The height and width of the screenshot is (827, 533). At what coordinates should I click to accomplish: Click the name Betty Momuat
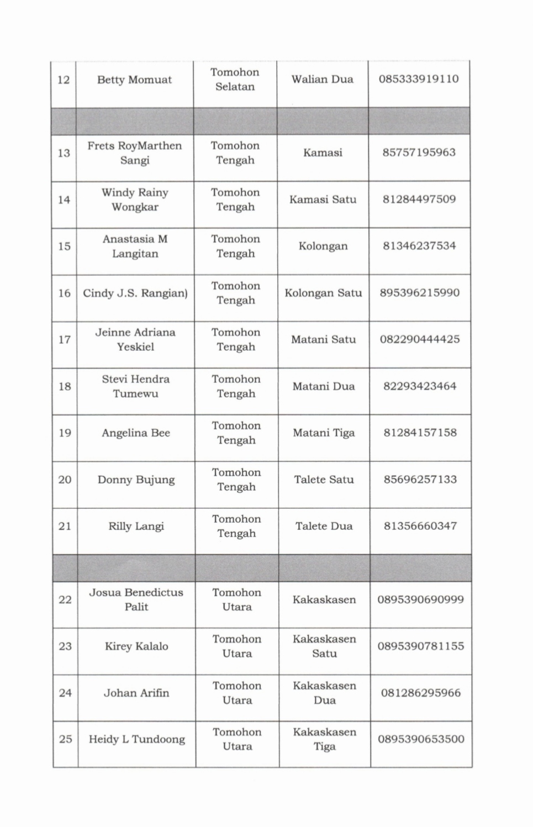point(134,80)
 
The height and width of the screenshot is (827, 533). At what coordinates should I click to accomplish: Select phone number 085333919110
point(418,79)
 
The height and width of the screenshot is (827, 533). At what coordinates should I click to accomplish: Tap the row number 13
point(64,153)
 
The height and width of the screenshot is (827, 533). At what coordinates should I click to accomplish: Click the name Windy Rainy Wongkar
point(135,199)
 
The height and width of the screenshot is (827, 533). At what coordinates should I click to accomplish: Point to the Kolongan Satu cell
point(323,293)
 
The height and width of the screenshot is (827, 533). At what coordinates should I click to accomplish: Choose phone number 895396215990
point(419,293)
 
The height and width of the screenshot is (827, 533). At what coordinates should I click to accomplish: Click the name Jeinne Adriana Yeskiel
point(135,339)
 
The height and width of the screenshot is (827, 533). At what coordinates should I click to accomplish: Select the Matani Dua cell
point(324,386)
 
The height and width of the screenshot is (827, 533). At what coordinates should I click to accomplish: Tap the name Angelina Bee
point(136,433)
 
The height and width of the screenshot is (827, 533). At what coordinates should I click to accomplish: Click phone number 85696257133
point(420,480)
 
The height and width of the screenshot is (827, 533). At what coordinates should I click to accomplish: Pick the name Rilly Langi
point(136,526)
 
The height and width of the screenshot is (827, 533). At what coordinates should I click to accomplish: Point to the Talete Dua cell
point(324,526)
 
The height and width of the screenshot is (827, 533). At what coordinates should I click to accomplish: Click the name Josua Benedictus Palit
point(136,599)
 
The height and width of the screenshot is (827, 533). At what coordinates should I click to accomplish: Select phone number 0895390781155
point(420,646)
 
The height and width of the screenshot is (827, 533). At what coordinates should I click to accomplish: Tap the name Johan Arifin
point(136,693)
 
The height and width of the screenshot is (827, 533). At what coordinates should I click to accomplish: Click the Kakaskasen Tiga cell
point(325,739)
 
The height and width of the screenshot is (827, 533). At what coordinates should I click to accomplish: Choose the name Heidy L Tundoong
point(136,739)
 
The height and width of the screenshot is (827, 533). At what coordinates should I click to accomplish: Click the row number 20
point(65,480)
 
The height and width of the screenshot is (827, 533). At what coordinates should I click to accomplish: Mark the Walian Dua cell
point(323,79)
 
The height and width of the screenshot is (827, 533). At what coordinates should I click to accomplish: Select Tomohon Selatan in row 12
point(235,80)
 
